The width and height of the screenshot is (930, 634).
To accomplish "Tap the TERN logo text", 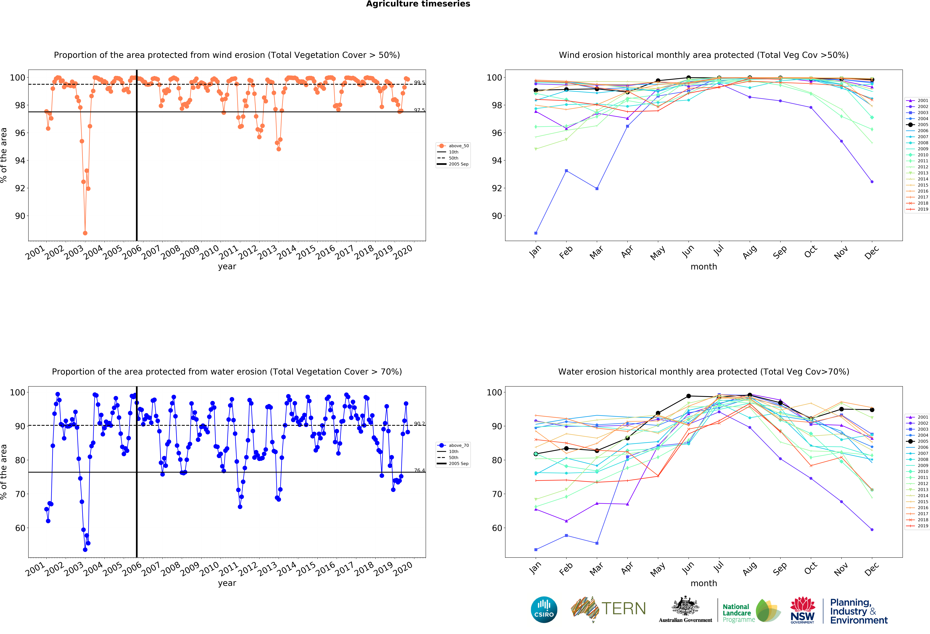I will pyautogui.click(x=624, y=609).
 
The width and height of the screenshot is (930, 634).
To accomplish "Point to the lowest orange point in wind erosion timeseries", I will pyautogui.click(x=85, y=233).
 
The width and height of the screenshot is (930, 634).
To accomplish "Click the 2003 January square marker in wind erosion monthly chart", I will pyautogui.click(x=536, y=233).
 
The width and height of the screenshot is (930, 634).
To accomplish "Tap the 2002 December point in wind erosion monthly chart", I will pyautogui.click(x=872, y=182).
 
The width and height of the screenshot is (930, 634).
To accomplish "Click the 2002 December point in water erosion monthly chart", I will pyautogui.click(x=872, y=530).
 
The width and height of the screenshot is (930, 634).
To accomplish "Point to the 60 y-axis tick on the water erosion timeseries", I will pyautogui.click(x=20, y=528).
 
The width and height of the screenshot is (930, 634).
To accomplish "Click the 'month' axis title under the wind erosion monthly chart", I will pyautogui.click(x=703, y=267).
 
